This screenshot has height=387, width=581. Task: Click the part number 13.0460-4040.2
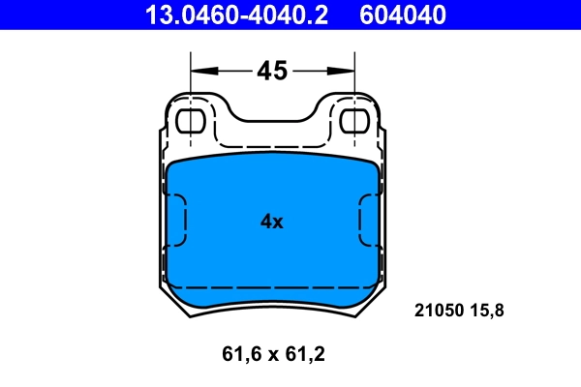coord(236,15)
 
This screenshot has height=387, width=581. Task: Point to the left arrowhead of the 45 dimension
coord(199,71)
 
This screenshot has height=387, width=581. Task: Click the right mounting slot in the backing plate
coord(355,121)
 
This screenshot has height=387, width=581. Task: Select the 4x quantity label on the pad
coord(271,222)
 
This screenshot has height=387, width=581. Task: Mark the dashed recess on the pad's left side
coord(177,220)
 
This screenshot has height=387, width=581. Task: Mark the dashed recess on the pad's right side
coord(369,220)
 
